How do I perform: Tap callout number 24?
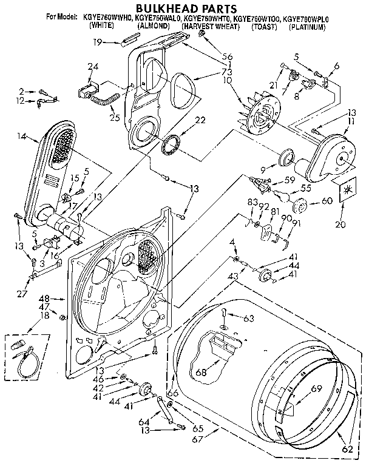click(93, 67)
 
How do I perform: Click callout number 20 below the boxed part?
click(340, 225)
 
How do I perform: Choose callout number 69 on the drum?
click(316, 388)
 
